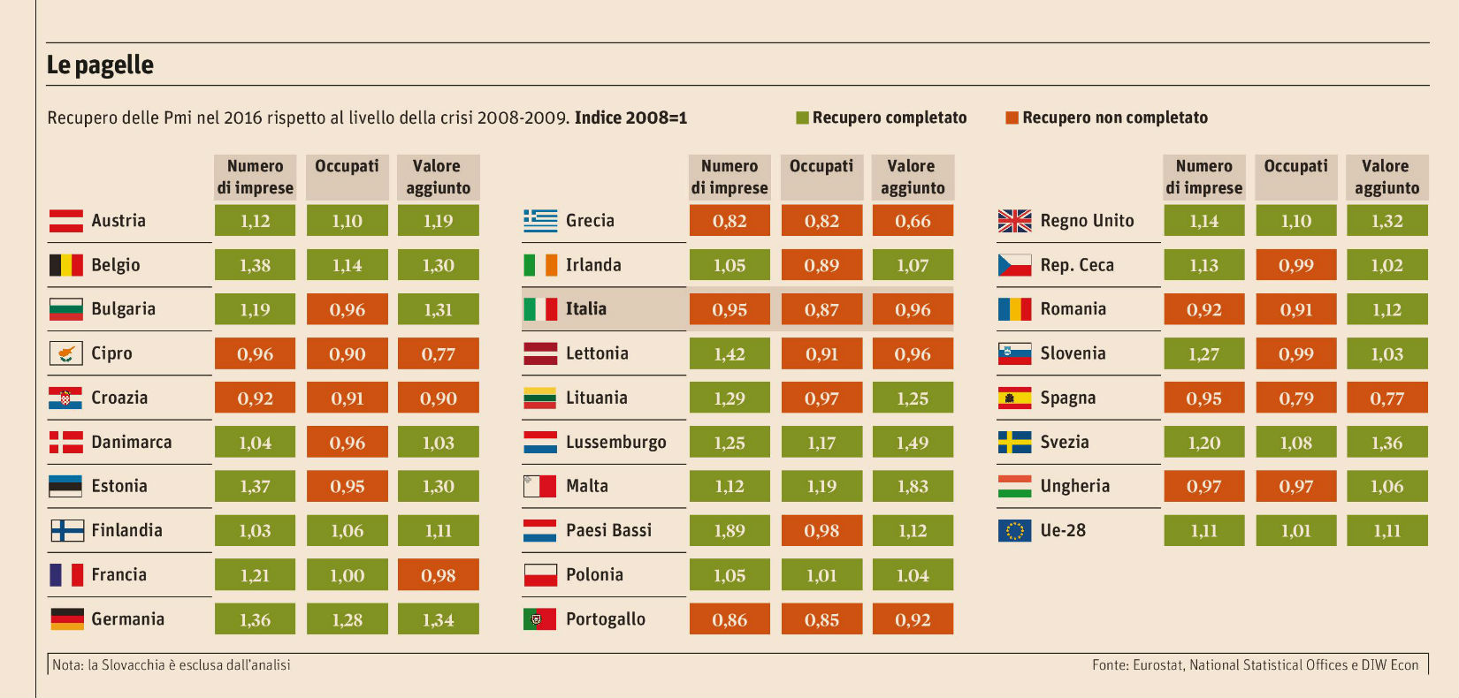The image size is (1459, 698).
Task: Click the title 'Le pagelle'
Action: [x=100, y=64]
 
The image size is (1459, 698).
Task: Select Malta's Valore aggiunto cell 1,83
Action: [x=913, y=486]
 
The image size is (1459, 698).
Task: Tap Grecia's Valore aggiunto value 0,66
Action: [x=913, y=221]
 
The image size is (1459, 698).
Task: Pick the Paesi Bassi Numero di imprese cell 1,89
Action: [x=729, y=530]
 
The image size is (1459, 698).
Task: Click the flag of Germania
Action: [x=66, y=618]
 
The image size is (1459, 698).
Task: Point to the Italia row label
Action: [x=585, y=308]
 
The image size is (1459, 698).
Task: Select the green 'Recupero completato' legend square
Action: [x=802, y=118]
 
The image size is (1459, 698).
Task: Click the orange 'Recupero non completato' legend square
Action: [x=1012, y=118]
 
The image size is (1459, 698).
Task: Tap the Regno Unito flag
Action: [x=1014, y=221]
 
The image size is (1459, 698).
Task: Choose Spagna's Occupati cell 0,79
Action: [x=1295, y=398]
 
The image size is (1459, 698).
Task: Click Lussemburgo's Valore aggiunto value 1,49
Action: [x=913, y=442]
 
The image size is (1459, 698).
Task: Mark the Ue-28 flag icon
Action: [x=1014, y=530]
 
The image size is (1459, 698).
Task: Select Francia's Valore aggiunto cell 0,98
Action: [x=438, y=574]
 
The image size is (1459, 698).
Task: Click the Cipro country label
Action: [x=111, y=353]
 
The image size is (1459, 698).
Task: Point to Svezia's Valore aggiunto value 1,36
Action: [x=1386, y=442]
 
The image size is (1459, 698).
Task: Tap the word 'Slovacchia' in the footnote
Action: [x=133, y=665]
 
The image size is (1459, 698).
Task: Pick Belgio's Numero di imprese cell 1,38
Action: [x=255, y=265]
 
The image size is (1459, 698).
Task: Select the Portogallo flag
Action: [x=539, y=618]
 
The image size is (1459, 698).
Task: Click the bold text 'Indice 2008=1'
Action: [x=630, y=118]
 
